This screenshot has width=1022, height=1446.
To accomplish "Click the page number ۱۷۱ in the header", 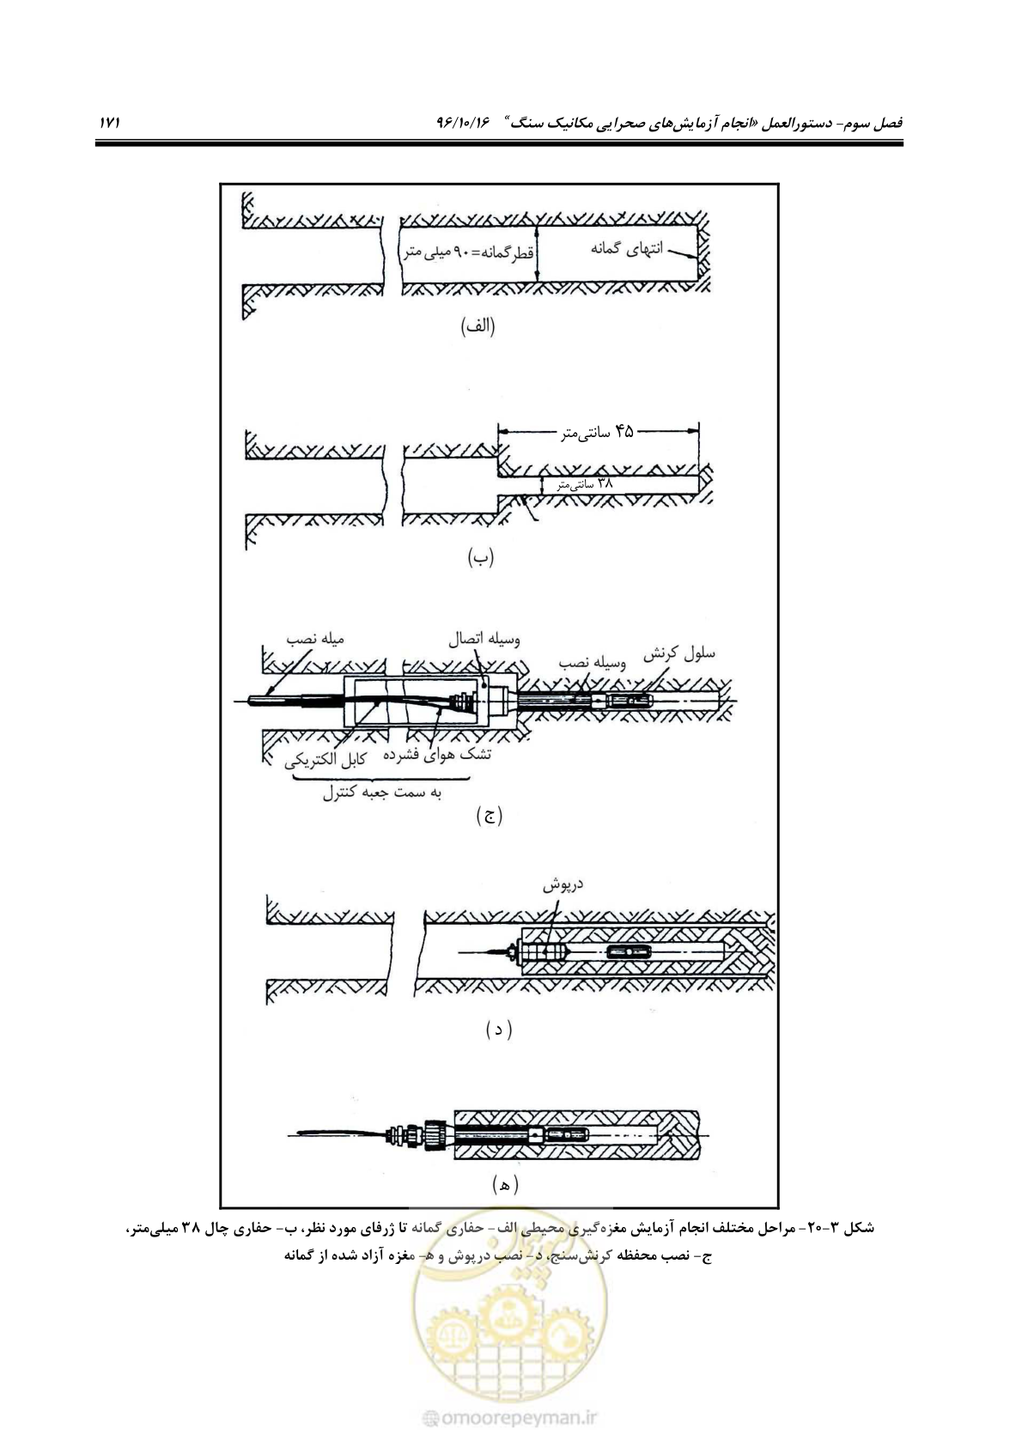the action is pyautogui.click(x=109, y=122).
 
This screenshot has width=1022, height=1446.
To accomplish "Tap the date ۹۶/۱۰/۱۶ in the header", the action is pyautogui.click(x=464, y=122).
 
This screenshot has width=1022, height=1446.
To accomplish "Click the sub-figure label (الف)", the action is pyautogui.click(x=478, y=327).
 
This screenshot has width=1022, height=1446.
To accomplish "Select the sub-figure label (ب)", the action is pyautogui.click(x=480, y=556).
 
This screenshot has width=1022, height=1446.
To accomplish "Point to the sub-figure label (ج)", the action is pyautogui.click(x=489, y=816).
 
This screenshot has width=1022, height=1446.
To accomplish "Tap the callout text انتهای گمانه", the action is pyautogui.click(x=626, y=248).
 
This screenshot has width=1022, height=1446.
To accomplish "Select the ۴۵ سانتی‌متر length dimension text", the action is pyautogui.click(x=597, y=431).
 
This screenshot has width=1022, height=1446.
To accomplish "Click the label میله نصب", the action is pyautogui.click(x=315, y=639).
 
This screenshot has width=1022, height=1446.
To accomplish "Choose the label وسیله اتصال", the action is pyautogui.click(x=484, y=640).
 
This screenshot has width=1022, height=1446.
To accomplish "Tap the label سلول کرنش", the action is pyautogui.click(x=678, y=654).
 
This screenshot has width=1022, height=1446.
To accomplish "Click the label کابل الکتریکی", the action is pyautogui.click(x=325, y=761).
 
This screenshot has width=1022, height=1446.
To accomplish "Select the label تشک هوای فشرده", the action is pyautogui.click(x=437, y=753).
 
